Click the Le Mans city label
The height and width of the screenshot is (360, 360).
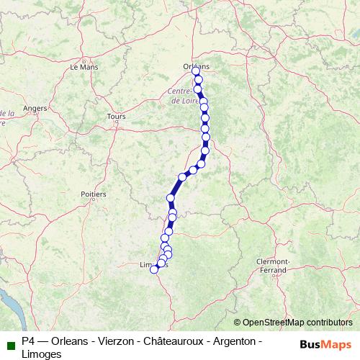83,66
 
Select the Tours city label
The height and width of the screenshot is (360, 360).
115,116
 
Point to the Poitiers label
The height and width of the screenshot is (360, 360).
94,194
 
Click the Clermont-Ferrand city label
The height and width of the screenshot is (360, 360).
273,266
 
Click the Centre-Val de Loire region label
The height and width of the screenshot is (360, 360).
182,96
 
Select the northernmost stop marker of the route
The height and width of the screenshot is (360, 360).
196,71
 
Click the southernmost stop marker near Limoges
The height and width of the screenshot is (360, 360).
153,269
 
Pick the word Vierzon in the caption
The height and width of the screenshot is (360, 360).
112,340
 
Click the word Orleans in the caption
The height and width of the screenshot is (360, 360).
66,340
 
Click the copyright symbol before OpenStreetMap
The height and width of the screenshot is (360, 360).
237,323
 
